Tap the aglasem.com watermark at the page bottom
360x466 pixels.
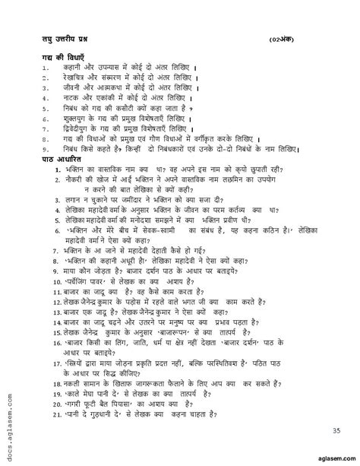331,456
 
